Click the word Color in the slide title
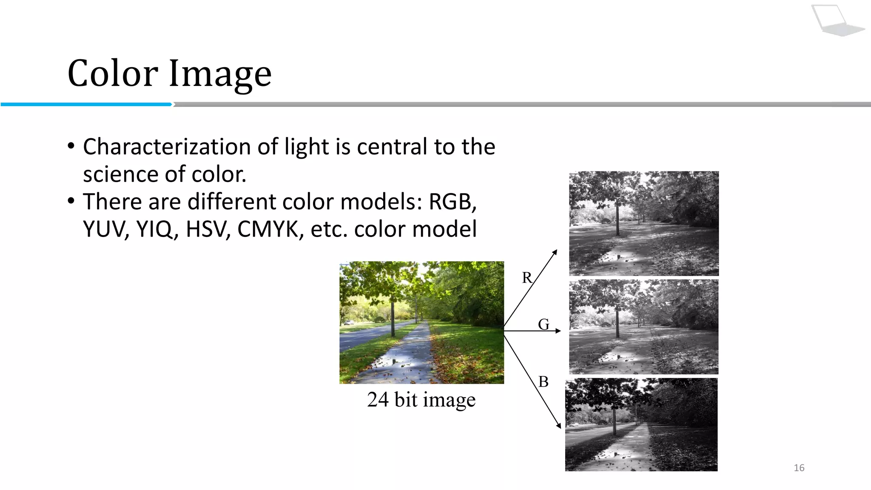click(113, 73)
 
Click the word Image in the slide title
click(220, 74)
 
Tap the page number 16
click(799, 468)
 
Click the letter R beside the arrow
click(527, 278)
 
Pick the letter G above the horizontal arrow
click(544, 324)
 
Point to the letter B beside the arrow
click(544, 382)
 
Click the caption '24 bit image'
click(421, 400)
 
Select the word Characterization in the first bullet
click(167, 147)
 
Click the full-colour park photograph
click(421, 322)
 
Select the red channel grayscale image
click(644, 223)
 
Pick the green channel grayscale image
click(644, 327)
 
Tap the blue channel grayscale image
click(641, 424)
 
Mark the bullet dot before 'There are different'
click(71, 201)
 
